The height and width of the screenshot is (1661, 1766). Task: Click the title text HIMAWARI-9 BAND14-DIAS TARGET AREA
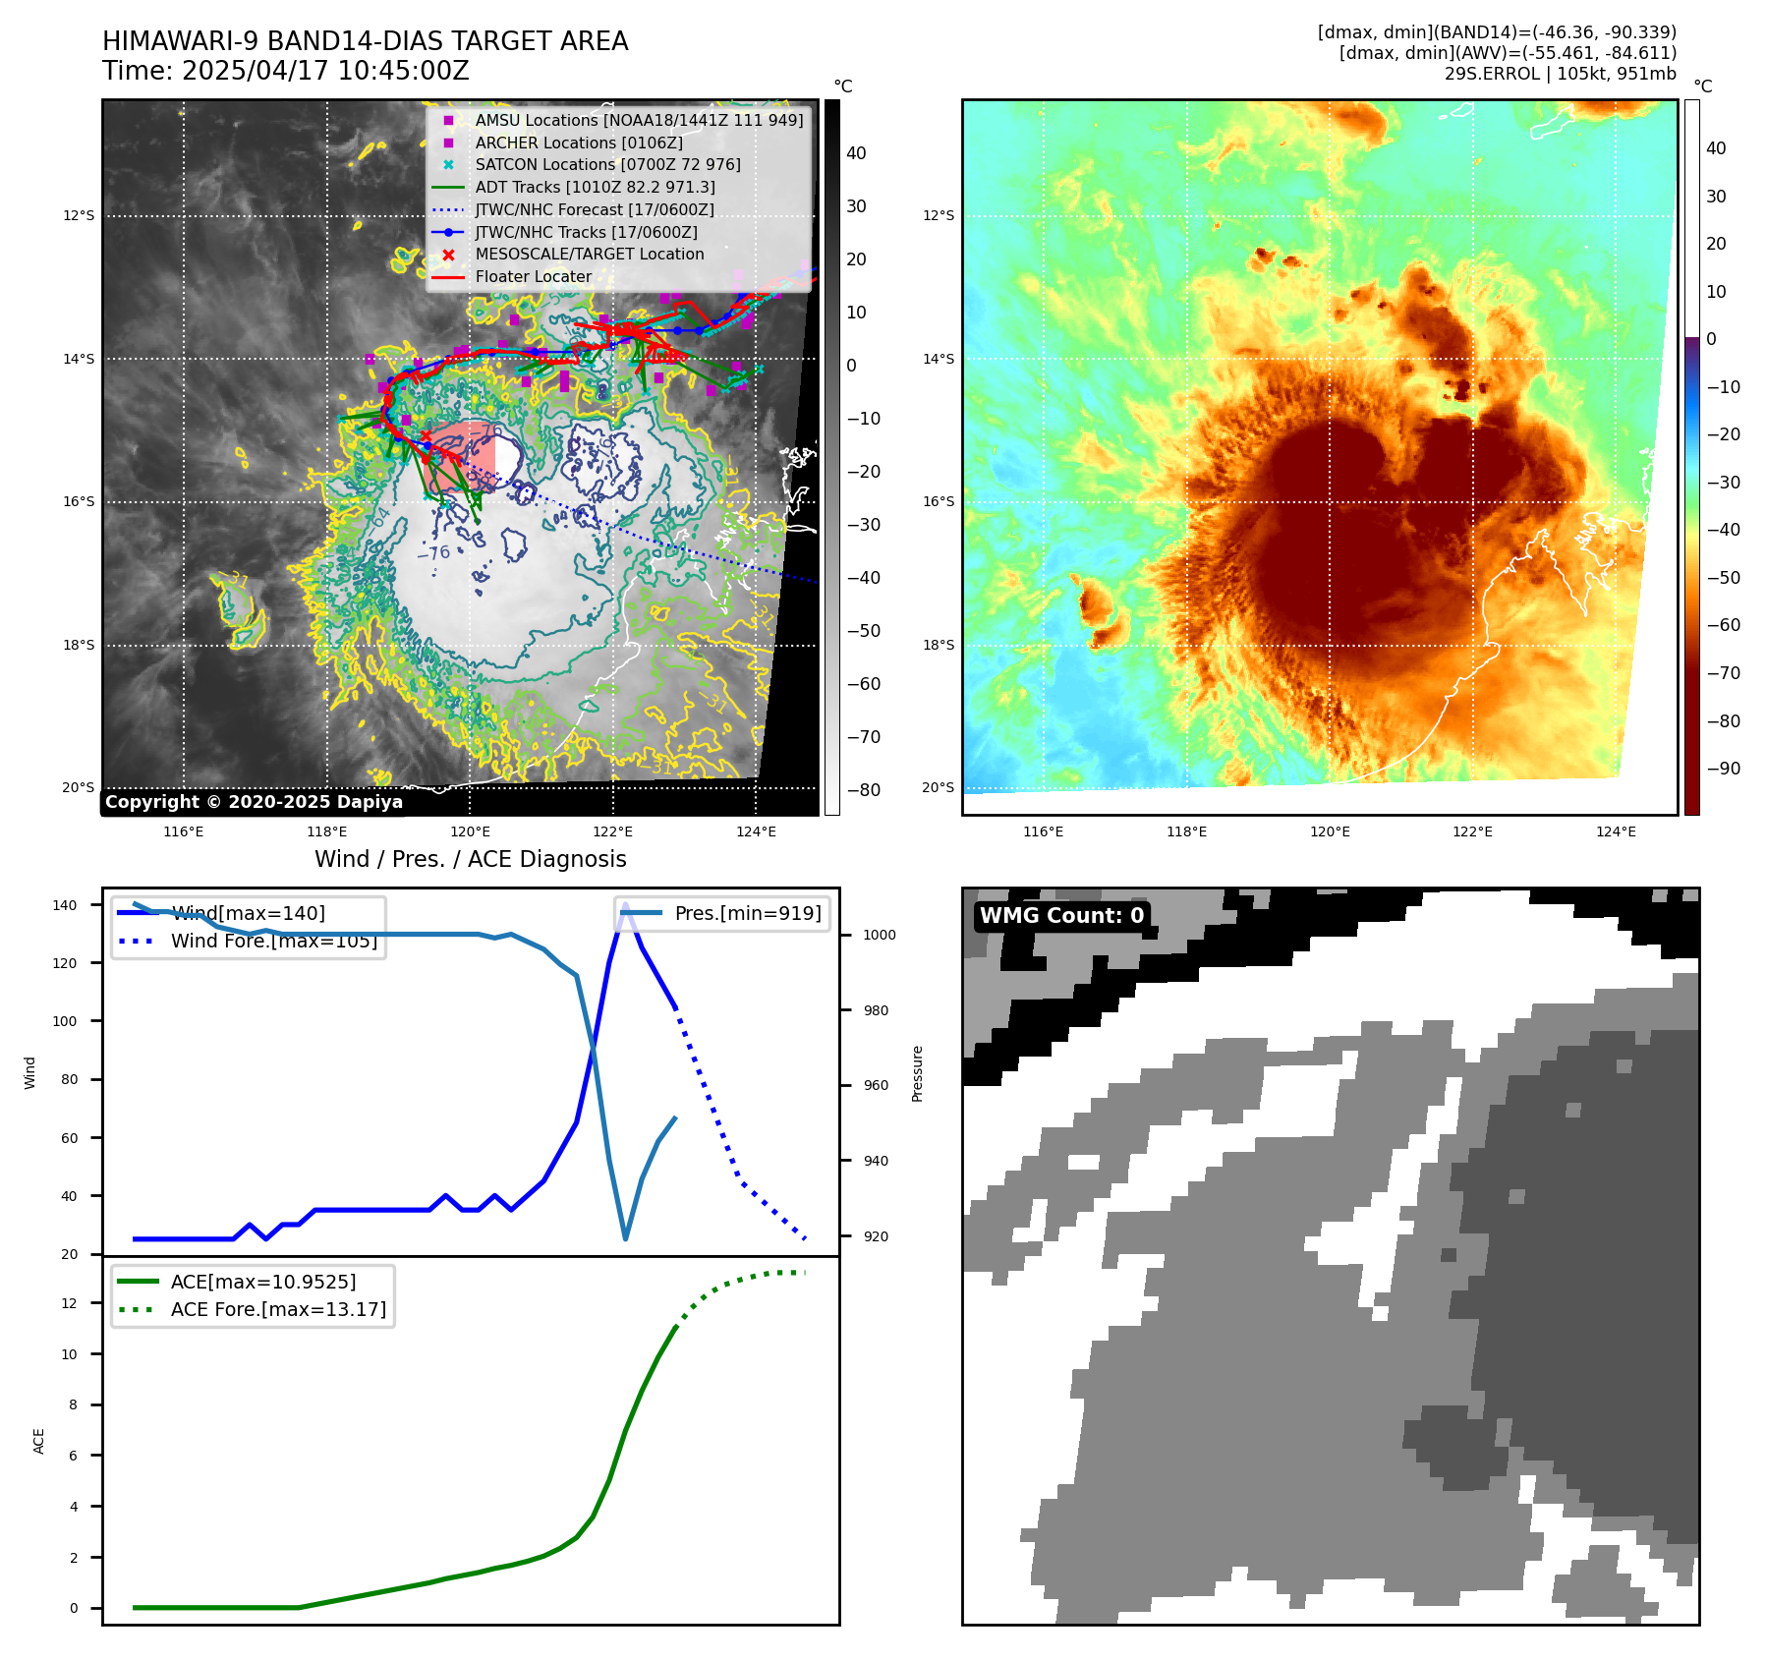click(365, 41)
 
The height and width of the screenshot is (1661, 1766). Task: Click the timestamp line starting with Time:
click(285, 71)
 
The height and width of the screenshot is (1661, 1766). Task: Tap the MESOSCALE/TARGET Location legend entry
click(589, 254)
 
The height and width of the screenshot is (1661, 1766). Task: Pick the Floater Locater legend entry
click(533, 276)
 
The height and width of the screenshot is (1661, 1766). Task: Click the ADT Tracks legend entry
click(595, 187)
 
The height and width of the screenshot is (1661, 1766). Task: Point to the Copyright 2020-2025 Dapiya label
click(254, 802)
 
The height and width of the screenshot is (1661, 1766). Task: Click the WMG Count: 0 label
click(1061, 916)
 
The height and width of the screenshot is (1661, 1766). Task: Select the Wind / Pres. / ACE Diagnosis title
click(470, 859)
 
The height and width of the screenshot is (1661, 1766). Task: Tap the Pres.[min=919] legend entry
click(747, 913)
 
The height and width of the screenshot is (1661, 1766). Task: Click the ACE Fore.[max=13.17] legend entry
click(278, 1309)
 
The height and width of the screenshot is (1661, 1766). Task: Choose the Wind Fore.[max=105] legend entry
click(273, 941)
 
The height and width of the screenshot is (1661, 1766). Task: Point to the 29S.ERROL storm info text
click(1560, 74)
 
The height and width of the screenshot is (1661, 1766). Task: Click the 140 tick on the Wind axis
click(65, 905)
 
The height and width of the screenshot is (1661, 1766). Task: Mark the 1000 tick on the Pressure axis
click(879, 935)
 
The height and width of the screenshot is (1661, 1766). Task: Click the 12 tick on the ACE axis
click(69, 1303)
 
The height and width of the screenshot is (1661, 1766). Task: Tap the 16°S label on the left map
click(79, 501)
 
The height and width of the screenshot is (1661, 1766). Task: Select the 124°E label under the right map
click(1616, 831)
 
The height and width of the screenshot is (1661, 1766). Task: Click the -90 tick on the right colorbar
click(1723, 769)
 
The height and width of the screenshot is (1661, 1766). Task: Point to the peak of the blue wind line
click(625, 903)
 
